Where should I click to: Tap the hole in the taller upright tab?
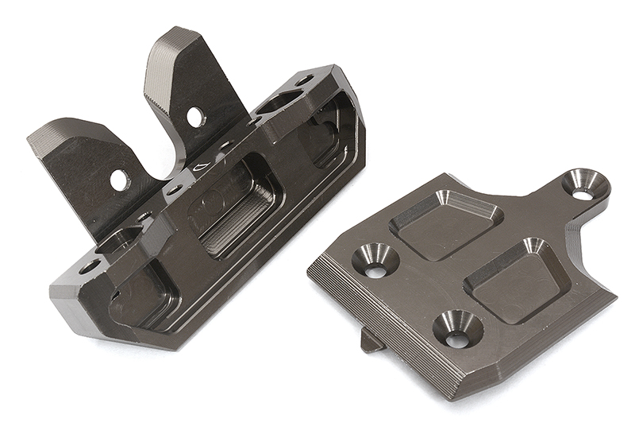[x=193, y=117]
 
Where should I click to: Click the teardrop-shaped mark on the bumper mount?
[x=202, y=168]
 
